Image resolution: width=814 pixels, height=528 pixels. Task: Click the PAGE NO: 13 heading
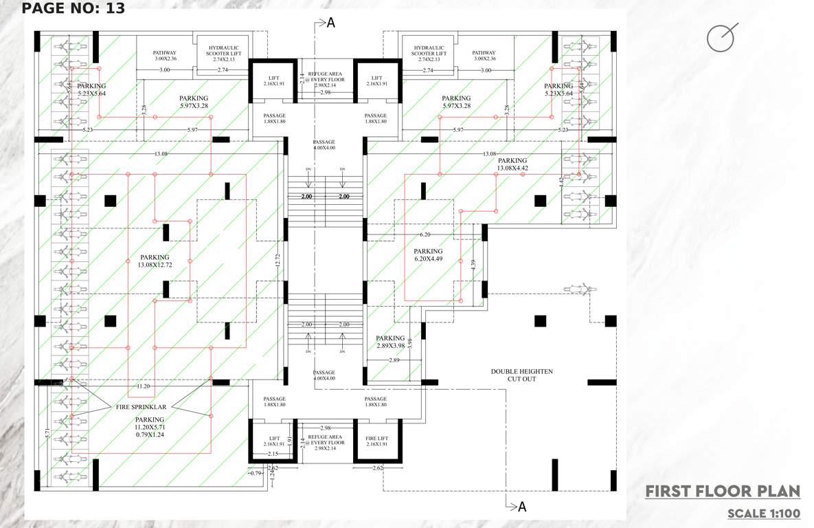click(74, 8)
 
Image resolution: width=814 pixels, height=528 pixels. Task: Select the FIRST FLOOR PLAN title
click(723, 491)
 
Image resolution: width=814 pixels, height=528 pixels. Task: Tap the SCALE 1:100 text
click(763, 514)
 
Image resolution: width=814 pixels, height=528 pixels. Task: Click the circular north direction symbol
click(721, 38)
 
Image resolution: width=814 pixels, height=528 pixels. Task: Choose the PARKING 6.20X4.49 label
click(428, 256)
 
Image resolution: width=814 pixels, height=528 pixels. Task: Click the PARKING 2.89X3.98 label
click(390, 342)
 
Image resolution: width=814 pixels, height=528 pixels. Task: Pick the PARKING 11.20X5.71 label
click(149, 427)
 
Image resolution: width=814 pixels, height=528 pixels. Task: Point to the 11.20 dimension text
click(144, 386)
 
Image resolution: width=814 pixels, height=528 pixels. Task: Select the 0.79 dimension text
click(256, 473)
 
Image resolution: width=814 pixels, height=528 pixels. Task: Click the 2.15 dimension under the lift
click(273, 454)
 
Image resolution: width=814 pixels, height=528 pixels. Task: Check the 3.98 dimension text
click(410, 342)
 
